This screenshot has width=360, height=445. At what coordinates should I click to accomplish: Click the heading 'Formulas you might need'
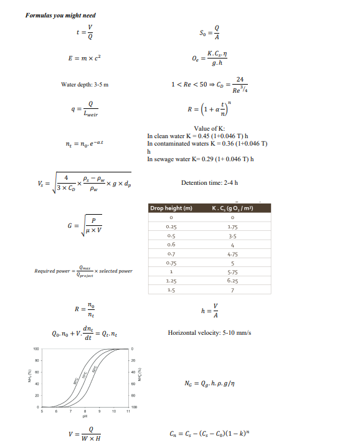60,15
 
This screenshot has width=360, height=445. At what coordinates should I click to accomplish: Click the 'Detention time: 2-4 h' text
209,182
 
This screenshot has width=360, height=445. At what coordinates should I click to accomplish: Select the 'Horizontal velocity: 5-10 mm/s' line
209,333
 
